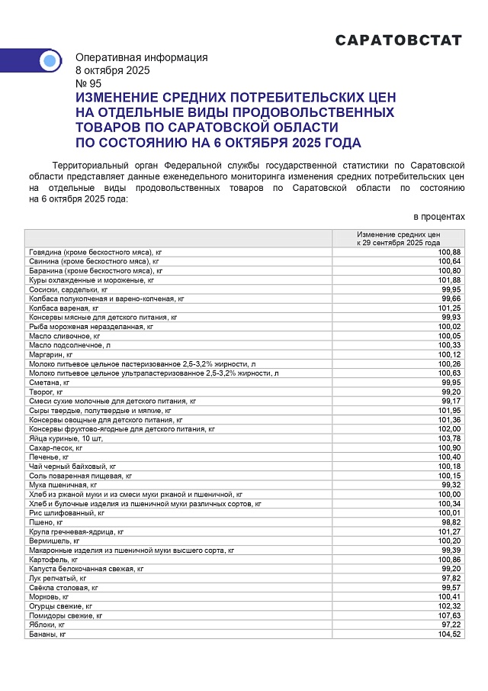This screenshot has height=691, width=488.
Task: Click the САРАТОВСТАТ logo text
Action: click(x=399, y=40)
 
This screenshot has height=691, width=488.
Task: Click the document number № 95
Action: click(x=88, y=83)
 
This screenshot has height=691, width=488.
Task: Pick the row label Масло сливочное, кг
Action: click(x=65, y=335)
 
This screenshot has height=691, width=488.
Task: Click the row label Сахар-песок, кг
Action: click(x=56, y=447)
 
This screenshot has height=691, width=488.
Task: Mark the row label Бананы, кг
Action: click(x=47, y=634)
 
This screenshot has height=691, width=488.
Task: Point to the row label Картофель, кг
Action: click(x=53, y=560)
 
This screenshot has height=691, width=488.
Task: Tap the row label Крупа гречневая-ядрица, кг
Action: click(x=76, y=531)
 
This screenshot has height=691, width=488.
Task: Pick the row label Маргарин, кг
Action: click(x=51, y=354)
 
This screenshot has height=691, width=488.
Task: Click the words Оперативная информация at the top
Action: click(x=141, y=57)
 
